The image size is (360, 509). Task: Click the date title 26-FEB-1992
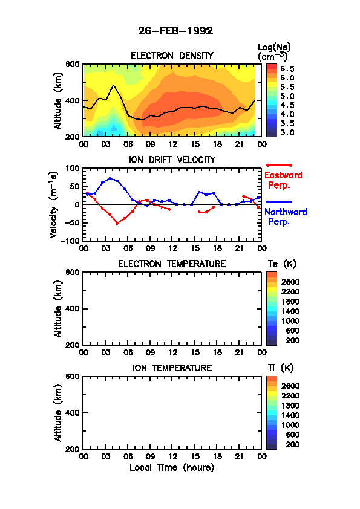click(x=175, y=31)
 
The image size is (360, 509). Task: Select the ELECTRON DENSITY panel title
click(x=172, y=56)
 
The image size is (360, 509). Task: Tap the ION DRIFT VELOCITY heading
click(x=172, y=160)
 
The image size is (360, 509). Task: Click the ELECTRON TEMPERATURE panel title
click(x=172, y=264)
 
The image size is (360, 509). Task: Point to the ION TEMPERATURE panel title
click(x=172, y=368)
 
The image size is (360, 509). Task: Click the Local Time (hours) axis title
click(x=172, y=467)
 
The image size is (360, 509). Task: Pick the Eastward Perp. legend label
click(x=283, y=180)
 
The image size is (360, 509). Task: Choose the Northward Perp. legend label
click(x=285, y=216)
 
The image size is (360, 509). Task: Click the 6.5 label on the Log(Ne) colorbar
click(x=287, y=69)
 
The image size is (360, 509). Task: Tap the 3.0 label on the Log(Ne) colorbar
click(x=287, y=132)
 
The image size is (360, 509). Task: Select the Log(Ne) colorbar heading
click(x=274, y=52)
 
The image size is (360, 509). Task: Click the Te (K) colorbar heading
click(x=282, y=264)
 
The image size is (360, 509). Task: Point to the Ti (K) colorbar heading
click(x=280, y=368)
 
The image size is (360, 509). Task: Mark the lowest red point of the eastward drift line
click(x=117, y=223)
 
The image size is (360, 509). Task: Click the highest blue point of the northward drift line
click(x=110, y=178)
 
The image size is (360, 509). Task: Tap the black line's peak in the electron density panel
click(x=113, y=85)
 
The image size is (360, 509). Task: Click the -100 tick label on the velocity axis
click(x=72, y=241)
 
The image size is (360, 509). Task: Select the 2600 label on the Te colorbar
click(x=290, y=282)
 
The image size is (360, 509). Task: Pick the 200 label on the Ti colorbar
click(x=292, y=444)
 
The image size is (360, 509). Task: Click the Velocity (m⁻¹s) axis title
click(x=54, y=204)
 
